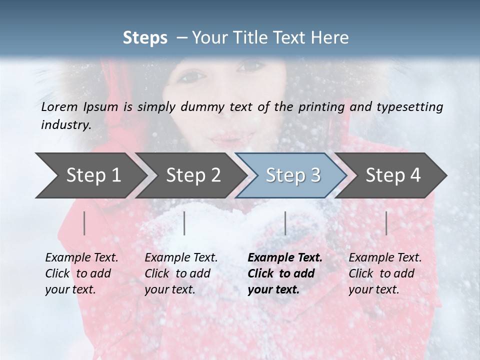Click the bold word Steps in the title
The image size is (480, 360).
[x=145, y=38]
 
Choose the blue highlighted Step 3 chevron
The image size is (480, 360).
[x=292, y=175]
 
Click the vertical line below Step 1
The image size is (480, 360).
[x=84, y=223]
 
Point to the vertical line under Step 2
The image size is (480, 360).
[x=184, y=223]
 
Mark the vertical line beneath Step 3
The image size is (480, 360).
[x=285, y=223]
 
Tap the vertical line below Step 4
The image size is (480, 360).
[x=386, y=223]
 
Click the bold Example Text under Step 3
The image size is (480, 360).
[x=285, y=258]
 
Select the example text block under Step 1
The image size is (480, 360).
[x=81, y=273]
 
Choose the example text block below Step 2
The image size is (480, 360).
[x=181, y=273]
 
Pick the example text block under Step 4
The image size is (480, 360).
[x=385, y=273]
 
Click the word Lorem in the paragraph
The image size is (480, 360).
[x=59, y=107]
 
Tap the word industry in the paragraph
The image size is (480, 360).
[x=66, y=125]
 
